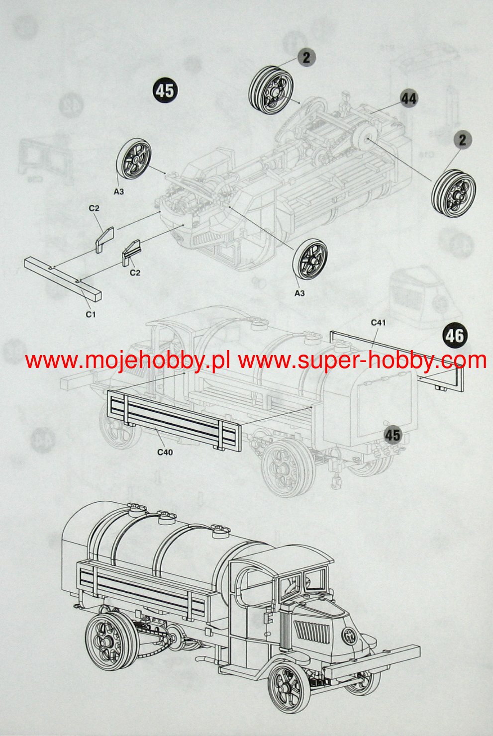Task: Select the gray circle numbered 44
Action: click(408, 98)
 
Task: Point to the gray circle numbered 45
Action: click(393, 435)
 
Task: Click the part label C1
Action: click(90, 314)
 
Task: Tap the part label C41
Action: click(378, 323)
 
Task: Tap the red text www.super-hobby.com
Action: click(362, 360)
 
